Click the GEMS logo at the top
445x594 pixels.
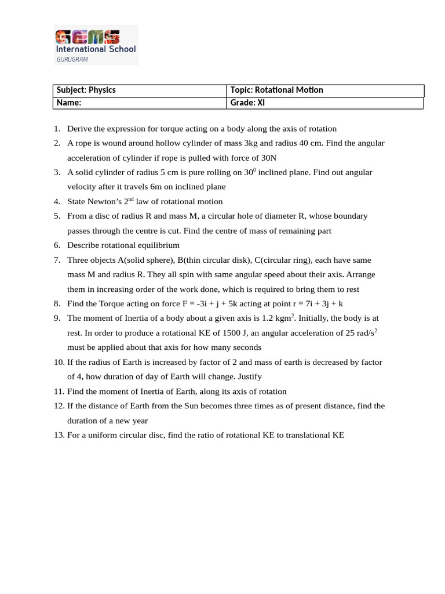[87, 38]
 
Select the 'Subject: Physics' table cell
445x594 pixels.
[86, 90]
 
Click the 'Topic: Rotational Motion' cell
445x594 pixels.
[276, 90]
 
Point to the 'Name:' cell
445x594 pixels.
[69, 103]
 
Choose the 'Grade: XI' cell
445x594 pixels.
[247, 103]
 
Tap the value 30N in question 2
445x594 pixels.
[268, 158]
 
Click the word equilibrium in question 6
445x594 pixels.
[156, 245]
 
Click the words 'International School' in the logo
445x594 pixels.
[96, 49]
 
